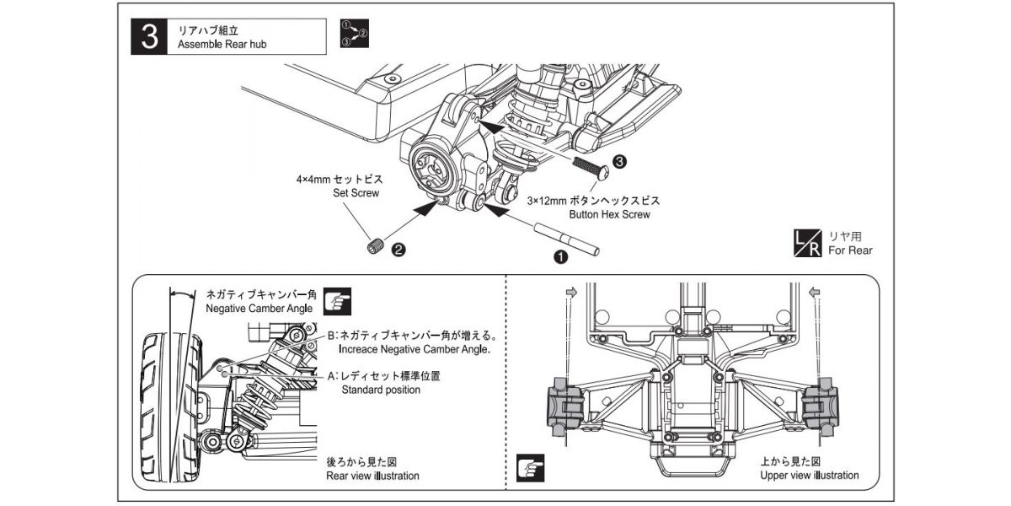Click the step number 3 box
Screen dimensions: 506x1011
coord(150,37)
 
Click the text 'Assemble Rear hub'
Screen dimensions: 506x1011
coord(216,45)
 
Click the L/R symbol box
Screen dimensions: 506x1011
coord(807,243)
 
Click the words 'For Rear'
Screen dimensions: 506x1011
coord(850,250)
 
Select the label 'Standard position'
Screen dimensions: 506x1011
coord(381,390)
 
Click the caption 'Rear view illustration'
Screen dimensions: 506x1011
coord(372,476)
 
